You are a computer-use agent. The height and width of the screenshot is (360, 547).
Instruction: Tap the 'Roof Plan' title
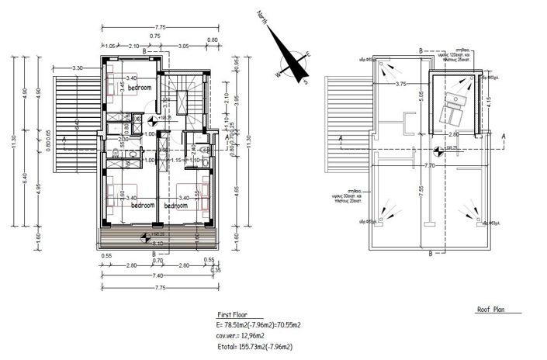tap(492, 309)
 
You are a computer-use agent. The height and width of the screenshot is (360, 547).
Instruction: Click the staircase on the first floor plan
tap(183, 96)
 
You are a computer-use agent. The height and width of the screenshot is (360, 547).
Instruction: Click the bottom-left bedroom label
tap(142, 206)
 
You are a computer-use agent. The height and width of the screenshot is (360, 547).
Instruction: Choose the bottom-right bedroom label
tap(178, 206)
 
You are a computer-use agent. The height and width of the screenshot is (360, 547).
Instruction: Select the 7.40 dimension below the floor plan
tap(158, 275)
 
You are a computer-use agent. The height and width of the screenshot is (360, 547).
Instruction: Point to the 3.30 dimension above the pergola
tap(78, 69)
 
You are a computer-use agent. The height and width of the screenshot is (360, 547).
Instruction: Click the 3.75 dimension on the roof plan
tap(400, 83)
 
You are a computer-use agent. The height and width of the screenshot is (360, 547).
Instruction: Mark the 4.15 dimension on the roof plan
tap(488, 99)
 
